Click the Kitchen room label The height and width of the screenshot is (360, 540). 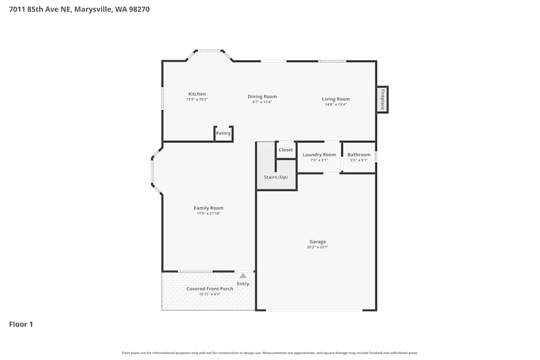click(x=197, y=94)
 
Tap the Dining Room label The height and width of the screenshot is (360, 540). click(x=262, y=97)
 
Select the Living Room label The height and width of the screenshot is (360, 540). click(x=335, y=99)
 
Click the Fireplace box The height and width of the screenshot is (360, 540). click(x=382, y=100)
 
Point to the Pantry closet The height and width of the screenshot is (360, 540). click(x=223, y=133)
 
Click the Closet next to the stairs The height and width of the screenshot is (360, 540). click(x=286, y=150)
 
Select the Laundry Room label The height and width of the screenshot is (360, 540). click(x=319, y=155)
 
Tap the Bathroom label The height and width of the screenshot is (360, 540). click(x=359, y=155)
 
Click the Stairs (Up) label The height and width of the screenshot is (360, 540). click(x=275, y=177)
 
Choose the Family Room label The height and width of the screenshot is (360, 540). click(x=208, y=208)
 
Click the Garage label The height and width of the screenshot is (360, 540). click(x=318, y=241)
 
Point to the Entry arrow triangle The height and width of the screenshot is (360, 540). click(x=243, y=276)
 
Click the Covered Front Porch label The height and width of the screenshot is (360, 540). click(x=210, y=289)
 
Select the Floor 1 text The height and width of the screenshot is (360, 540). click(x=21, y=324)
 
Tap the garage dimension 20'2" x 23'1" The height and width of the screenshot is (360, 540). click(x=318, y=247)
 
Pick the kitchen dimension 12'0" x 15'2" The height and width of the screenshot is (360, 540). click(x=197, y=99)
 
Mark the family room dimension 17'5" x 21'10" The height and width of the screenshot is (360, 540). click(x=208, y=214)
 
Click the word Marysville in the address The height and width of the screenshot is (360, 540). click(x=94, y=9)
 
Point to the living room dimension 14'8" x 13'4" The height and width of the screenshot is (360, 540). click(x=335, y=104)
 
